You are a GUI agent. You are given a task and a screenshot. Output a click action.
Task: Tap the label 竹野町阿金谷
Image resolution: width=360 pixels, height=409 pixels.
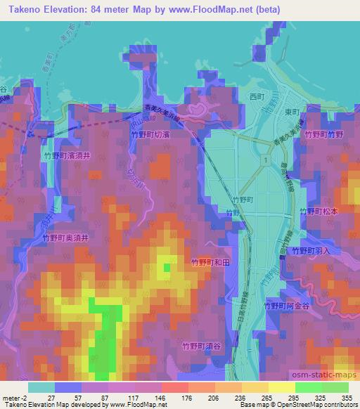point(287,306)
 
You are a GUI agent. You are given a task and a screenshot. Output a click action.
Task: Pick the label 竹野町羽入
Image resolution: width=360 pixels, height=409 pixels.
point(310,250)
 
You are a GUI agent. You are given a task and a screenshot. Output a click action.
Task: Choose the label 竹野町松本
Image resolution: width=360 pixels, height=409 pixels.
point(321,211)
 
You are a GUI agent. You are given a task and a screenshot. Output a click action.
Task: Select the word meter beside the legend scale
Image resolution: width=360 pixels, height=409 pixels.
point(11,397)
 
